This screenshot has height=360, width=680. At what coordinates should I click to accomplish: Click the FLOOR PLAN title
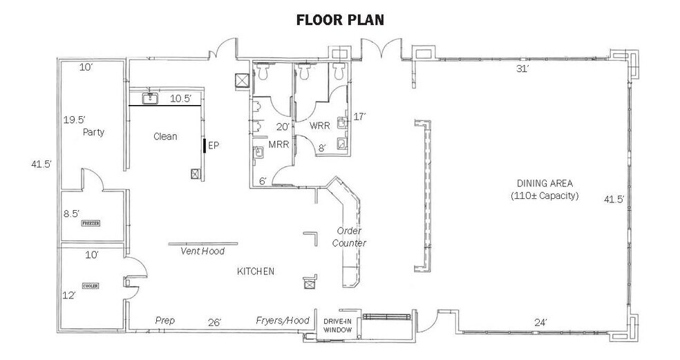pos(340,20)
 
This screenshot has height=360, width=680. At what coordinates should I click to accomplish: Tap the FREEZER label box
pos(91,223)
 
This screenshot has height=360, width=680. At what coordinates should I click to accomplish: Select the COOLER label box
pos(91,286)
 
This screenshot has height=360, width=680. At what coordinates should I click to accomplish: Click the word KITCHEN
pos(256,272)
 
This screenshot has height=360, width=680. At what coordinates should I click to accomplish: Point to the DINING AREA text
pos(545,183)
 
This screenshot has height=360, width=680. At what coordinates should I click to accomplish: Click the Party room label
pos(94,132)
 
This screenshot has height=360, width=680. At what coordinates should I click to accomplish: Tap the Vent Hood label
pos(202,251)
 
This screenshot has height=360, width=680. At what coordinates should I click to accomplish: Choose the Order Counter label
pos(349,237)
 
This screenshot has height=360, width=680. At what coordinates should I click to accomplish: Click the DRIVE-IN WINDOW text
pos(338,325)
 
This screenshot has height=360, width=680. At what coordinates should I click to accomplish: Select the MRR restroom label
pos(278,144)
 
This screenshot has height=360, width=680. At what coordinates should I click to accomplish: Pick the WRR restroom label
pos(320,126)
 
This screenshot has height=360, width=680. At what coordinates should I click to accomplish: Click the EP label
pos(214,145)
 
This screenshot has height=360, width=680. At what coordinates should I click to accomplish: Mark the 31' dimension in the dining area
pos(522,68)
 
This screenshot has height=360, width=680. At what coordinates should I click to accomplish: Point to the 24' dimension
pos(540,322)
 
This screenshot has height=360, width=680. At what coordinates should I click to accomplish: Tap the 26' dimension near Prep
pos(215,322)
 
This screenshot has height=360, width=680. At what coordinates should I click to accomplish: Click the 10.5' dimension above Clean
pos(180,98)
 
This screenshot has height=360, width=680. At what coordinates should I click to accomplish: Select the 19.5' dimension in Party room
pos(74,120)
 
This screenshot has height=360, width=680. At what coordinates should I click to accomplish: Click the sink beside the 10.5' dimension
pos(150,98)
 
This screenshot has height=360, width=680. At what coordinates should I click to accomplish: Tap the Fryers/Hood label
pos(283,321)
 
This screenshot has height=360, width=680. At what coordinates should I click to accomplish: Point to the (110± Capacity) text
pos(545,196)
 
